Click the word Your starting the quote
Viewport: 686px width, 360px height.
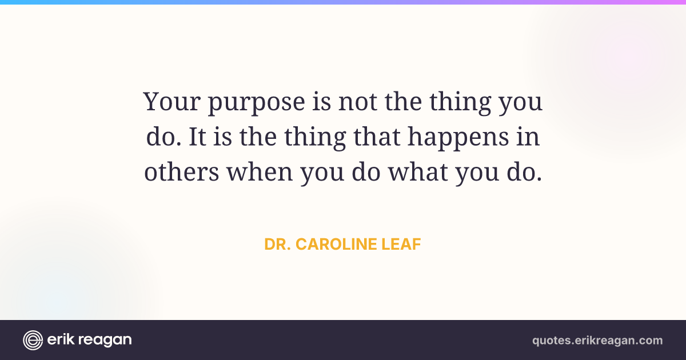(172, 101)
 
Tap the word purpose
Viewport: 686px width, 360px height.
(257, 103)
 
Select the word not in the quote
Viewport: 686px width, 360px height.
(357, 102)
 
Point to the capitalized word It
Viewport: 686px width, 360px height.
(197, 137)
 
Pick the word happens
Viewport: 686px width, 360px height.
(458, 138)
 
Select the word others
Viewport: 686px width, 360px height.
(182, 171)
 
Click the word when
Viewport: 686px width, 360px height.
(260, 171)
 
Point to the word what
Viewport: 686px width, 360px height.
(418, 171)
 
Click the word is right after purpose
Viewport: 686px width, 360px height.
(321, 101)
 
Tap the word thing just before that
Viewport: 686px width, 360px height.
(315, 138)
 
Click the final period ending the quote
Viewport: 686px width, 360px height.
(539, 179)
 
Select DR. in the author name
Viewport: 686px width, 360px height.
(277, 245)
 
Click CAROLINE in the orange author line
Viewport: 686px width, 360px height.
(336, 245)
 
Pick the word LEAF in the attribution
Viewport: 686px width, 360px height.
(401, 245)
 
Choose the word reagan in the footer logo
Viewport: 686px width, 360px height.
(105, 341)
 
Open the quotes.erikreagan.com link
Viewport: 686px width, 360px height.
(597, 341)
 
